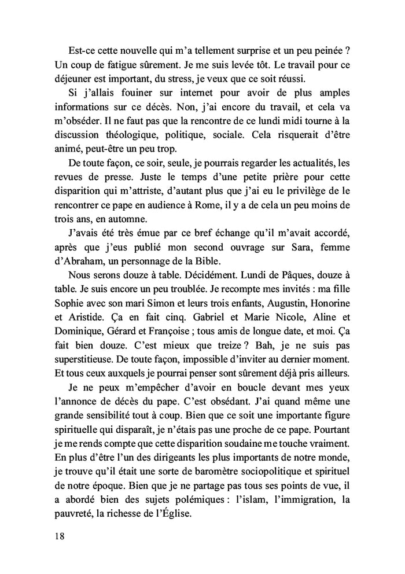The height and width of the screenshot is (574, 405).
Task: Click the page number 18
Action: click(57, 535)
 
